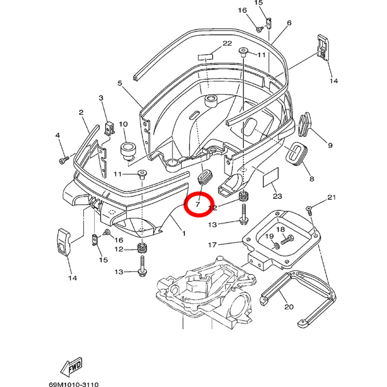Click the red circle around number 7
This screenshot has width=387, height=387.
199,204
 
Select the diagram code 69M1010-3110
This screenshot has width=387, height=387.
73,385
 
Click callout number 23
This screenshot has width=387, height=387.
278,196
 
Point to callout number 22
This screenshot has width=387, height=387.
227,43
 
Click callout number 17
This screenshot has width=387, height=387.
212,245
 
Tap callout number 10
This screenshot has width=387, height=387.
123,124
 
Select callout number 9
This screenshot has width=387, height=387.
330,145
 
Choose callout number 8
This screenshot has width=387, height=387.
312,178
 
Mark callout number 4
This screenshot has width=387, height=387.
57,135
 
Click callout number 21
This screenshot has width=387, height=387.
331,197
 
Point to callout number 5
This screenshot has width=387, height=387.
120,83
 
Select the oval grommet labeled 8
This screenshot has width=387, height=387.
295,156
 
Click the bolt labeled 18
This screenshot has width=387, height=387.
287,239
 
